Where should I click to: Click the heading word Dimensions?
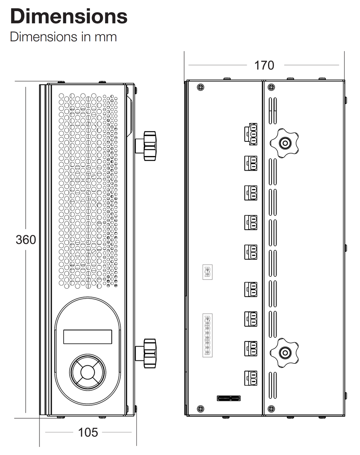(69, 16)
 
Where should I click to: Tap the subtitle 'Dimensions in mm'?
(63, 37)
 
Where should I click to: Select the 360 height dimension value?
(26, 240)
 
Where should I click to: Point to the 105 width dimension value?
(88, 432)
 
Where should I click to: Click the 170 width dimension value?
(265, 65)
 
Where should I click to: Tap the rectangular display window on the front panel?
(88, 337)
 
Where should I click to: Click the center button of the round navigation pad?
(88, 372)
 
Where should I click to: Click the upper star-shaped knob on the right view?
(285, 144)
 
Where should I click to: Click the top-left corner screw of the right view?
(200, 87)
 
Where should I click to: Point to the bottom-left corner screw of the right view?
(200, 409)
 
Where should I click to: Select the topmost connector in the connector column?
(251, 134)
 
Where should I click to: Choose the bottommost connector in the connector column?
(251, 377)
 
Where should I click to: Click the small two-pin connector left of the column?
(208, 272)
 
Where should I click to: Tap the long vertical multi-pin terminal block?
(207, 335)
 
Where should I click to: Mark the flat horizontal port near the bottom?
(229, 398)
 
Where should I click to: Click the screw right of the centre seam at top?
(272, 87)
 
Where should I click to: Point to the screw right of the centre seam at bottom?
(272, 409)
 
